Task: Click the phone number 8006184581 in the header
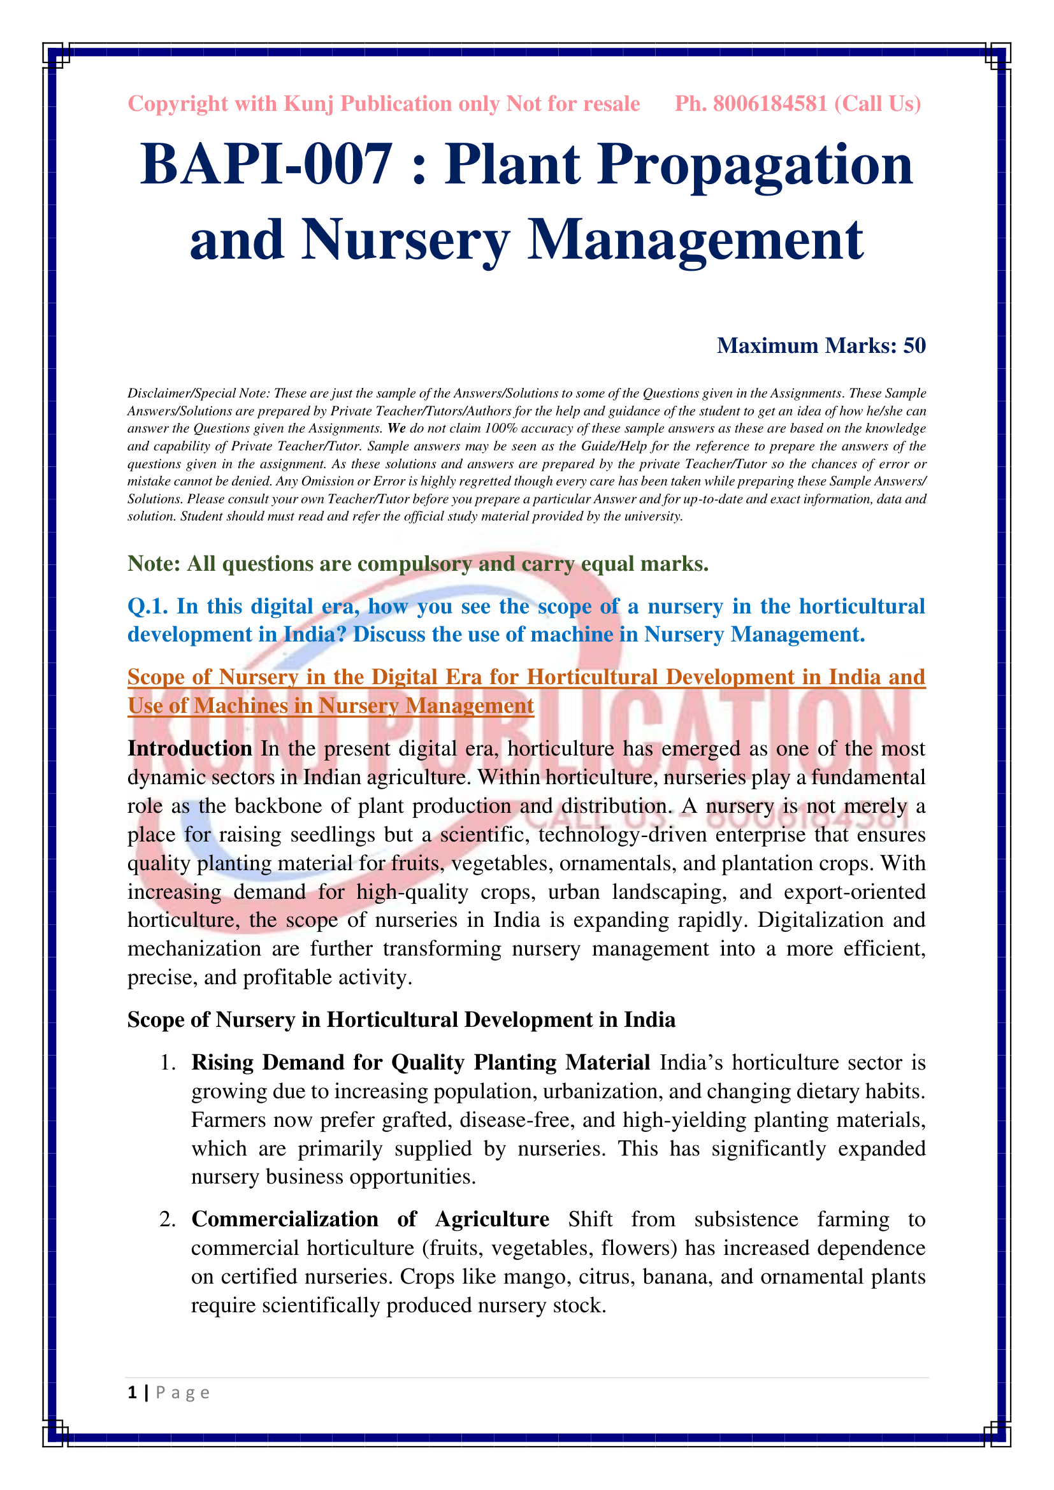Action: pos(770,104)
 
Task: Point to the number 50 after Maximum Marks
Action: pos(914,346)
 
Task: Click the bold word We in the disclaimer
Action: pos(396,428)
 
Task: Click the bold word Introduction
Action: pos(189,749)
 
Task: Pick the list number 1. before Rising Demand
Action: pos(168,1063)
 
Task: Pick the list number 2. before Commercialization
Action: pos(168,1219)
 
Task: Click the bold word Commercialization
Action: pos(284,1219)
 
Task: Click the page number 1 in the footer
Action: pos(133,1392)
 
